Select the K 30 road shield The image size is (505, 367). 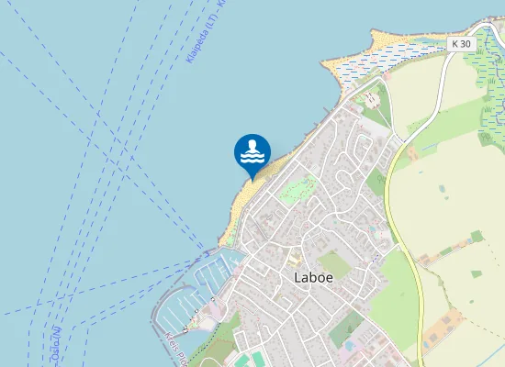[462, 44]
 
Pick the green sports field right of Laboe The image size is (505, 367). [334, 264]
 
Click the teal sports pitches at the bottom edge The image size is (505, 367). [244, 360]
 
